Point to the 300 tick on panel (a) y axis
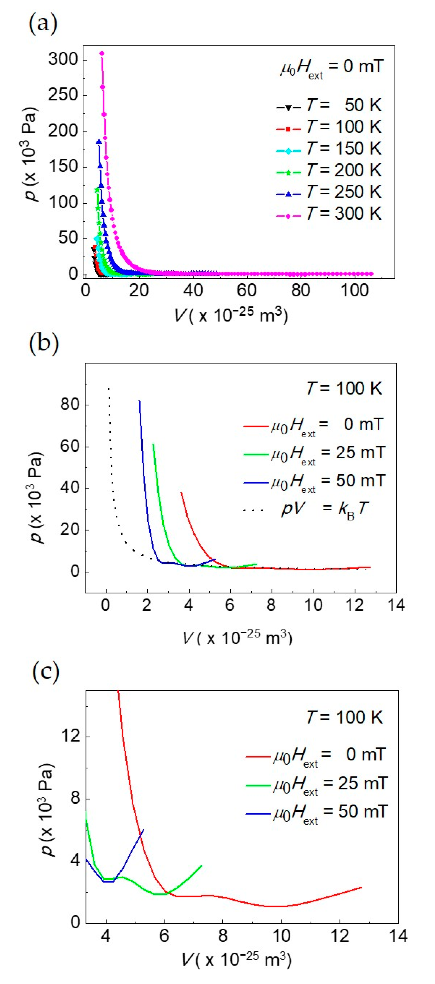pos(63,60)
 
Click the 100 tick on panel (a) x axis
pos(354,290)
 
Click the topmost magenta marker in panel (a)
pos(102,53)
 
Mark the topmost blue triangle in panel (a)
pos(99,142)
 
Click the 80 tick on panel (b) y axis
pos(70,405)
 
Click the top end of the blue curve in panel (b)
pos(139,401)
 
